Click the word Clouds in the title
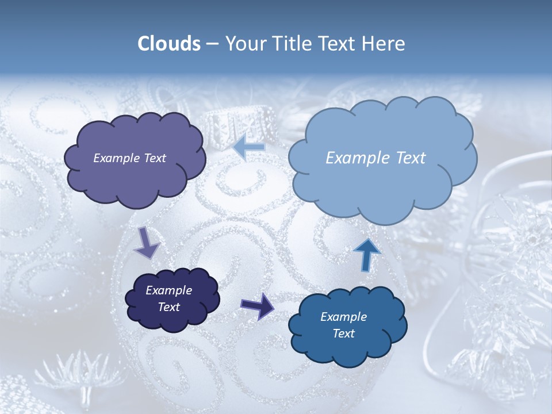coord(168,44)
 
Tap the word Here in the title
coord(384,44)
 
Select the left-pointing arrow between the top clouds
coord(249,147)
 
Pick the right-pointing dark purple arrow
coord(258,305)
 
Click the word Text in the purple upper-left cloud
coord(154,158)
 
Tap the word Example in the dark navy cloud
coord(168,291)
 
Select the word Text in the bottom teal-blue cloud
coord(343,333)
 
